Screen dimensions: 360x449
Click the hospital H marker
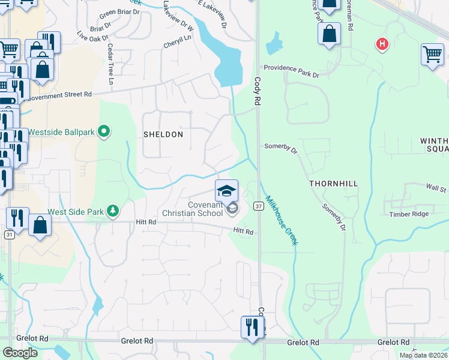point(381,44)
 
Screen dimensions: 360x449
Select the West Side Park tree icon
point(112,211)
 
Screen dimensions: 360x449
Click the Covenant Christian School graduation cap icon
point(226,191)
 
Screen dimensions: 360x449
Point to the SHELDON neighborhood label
point(163,134)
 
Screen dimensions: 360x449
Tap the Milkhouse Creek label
point(283,221)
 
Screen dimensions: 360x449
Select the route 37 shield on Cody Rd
point(258,206)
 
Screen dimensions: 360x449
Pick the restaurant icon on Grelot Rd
point(250,328)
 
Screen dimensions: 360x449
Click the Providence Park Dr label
point(291,71)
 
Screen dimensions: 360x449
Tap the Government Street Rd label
point(59,95)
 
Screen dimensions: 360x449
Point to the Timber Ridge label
point(409,214)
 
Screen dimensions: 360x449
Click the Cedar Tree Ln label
point(111,63)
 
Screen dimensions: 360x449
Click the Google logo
point(20,353)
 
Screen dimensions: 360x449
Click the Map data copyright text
point(423,355)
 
